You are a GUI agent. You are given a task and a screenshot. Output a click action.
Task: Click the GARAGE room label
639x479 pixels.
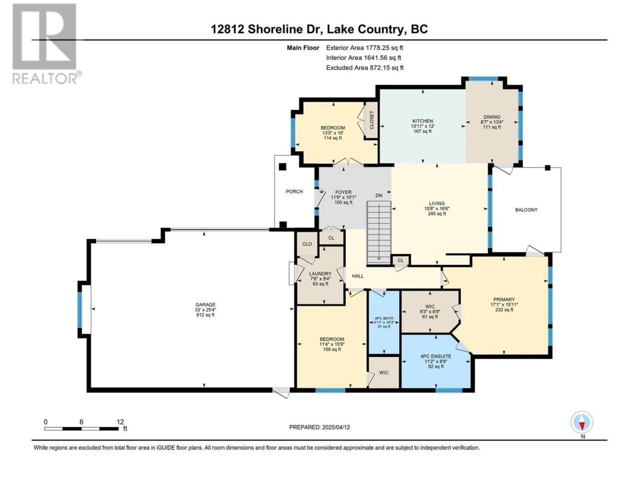pos(205,304)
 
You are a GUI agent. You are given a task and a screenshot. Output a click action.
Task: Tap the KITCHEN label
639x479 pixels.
pos(422,121)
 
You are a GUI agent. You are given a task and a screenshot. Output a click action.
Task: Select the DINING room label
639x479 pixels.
pos(492,117)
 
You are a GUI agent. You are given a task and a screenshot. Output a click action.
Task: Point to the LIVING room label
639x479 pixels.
pos(437,203)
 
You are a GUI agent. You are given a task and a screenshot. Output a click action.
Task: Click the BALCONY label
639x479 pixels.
pos(526,210)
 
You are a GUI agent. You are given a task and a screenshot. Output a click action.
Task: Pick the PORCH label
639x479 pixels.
pos(295,192)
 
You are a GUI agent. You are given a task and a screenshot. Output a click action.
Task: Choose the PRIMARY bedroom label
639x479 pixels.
pos(504,299)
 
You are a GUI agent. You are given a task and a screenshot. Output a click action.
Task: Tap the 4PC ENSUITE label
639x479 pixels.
pos(436,356)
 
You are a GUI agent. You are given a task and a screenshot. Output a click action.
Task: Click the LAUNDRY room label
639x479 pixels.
pos(320,273)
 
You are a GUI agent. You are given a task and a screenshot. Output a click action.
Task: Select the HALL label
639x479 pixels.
pos(358,276)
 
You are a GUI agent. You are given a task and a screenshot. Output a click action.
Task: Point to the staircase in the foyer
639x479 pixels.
pos(379,233)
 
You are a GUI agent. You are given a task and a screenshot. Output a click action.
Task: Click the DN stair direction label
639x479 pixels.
pos(379,196)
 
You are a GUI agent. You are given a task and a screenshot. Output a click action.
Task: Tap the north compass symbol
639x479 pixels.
pos(582,422)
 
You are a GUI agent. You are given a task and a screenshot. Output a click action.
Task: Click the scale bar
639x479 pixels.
pos(81,429)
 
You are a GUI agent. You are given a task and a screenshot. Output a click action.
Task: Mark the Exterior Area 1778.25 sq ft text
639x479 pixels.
pos(364,48)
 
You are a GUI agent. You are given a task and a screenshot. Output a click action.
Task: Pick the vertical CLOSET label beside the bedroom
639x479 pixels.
pos(371,120)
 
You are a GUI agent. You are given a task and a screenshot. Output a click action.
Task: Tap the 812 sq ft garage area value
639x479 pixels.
pos(205,315)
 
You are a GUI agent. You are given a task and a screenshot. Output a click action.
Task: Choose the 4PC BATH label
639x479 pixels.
pos(384,318)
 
